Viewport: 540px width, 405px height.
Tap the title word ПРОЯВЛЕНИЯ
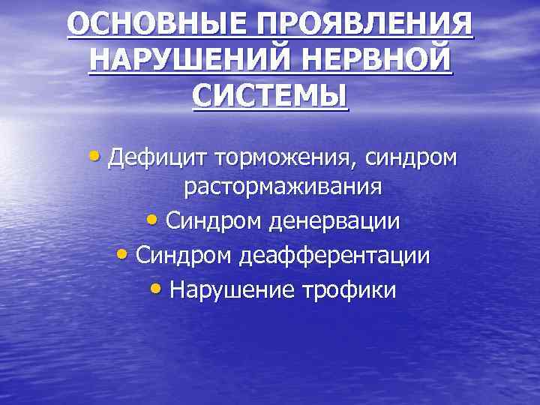click(x=365, y=25)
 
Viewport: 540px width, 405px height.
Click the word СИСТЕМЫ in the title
click(x=270, y=96)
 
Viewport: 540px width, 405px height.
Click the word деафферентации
click(x=334, y=256)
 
